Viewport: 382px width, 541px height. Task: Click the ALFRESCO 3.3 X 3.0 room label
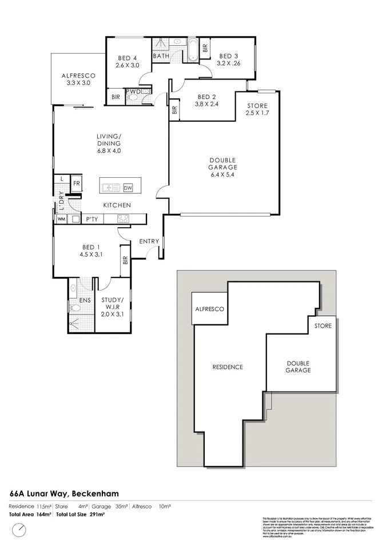78,79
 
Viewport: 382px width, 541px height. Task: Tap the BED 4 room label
127,58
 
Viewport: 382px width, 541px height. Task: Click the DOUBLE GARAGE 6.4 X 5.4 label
222,167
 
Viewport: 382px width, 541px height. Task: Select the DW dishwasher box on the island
128,188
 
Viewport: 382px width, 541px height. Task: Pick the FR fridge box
75,183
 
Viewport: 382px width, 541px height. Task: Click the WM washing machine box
61,219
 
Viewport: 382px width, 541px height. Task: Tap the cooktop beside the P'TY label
123,218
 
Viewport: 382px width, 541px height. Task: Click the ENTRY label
149,241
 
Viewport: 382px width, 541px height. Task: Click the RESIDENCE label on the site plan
228,367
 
